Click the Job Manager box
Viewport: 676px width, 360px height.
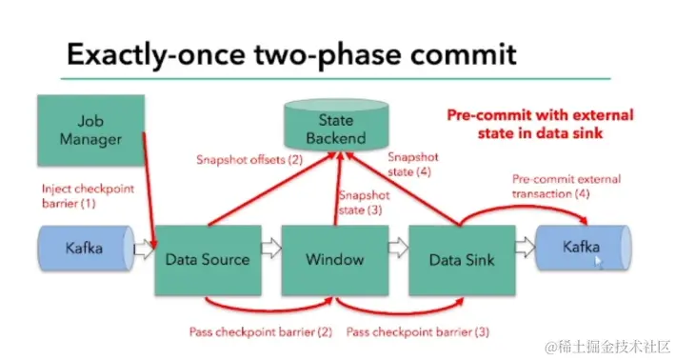[91, 130]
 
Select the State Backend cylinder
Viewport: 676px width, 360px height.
[336, 125]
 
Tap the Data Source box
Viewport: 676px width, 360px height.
[208, 260]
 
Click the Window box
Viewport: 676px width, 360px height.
[335, 260]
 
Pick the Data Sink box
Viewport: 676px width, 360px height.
[462, 260]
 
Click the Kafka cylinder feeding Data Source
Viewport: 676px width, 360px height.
[87, 248]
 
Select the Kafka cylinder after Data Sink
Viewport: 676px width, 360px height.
[584, 248]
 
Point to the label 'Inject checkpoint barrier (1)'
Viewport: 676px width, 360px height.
[88, 196]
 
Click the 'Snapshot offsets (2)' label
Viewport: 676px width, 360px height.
[249, 160]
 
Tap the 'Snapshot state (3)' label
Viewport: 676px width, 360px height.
[365, 203]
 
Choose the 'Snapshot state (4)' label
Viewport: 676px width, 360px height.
[413, 164]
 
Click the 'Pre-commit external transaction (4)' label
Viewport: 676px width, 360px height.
[567, 187]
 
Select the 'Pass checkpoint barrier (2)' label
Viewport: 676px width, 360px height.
[261, 332]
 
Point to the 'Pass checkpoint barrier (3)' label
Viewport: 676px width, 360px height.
[418, 332]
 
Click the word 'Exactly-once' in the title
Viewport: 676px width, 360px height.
[155, 54]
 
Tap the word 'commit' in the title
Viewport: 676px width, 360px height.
[463, 54]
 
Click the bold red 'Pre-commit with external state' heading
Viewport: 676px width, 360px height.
[540, 124]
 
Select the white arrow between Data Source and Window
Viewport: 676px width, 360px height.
[271, 249]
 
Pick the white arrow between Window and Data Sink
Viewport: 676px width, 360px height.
[398, 248]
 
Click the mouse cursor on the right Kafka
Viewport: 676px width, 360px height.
[598, 262]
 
